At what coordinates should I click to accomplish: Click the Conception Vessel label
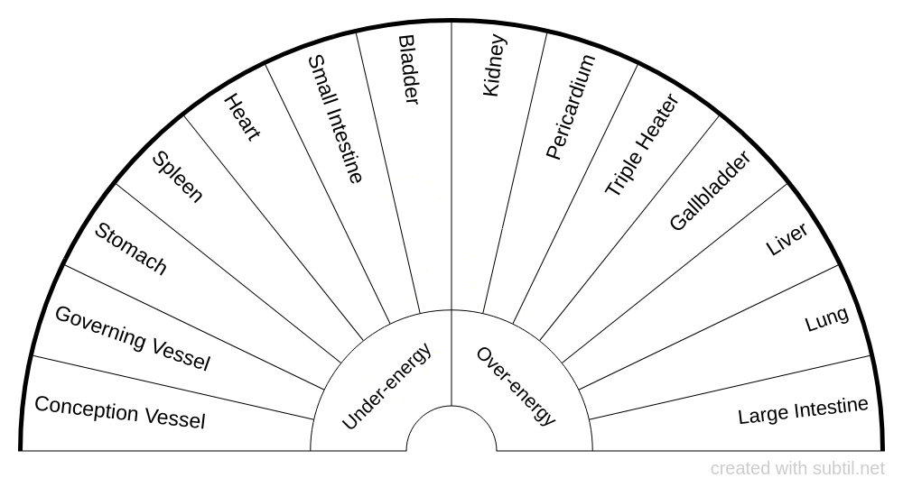(120, 412)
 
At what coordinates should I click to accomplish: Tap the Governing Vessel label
(133, 337)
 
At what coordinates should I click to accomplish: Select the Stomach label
(130, 248)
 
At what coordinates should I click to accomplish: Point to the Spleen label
(177, 177)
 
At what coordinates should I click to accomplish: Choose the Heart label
(242, 117)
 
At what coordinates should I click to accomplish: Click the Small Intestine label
(335, 119)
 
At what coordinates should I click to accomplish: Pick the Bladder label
(408, 69)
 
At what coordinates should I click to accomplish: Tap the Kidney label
(494, 66)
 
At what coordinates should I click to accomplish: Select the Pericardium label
(570, 107)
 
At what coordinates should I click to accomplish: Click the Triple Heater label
(642, 144)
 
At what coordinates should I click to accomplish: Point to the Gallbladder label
(710, 191)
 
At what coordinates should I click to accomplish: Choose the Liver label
(787, 239)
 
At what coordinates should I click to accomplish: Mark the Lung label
(826, 319)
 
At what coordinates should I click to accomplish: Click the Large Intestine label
(803, 410)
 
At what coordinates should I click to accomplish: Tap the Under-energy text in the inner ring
(386, 386)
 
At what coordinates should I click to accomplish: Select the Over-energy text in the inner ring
(516, 386)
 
